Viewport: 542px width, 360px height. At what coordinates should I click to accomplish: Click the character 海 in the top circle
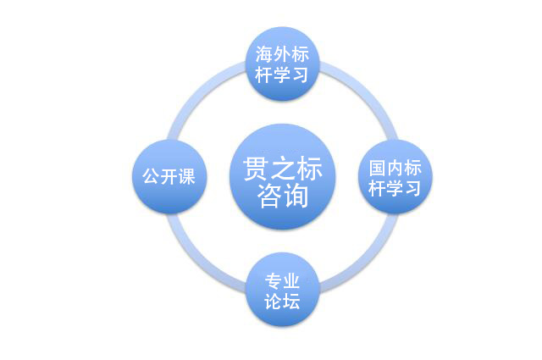click(x=264, y=54)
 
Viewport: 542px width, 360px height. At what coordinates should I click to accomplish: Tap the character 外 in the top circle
click(x=282, y=54)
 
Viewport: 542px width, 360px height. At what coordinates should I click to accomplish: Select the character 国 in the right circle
click(x=378, y=168)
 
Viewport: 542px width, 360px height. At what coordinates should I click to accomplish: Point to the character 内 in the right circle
click(x=395, y=168)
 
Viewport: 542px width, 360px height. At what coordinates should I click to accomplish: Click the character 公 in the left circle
click(x=152, y=176)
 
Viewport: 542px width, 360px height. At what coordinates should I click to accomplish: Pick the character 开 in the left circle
click(x=169, y=176)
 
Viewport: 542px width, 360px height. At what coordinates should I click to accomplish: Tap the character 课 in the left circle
click(x=187, y=176)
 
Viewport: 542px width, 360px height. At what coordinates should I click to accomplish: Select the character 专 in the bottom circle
click(x=274, y=281)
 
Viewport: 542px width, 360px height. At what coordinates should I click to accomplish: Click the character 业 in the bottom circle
click(x=291, y=281)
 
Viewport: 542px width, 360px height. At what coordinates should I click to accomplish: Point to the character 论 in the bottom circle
click(x=274, y=302)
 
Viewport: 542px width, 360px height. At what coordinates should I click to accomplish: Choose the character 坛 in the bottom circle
click(x=291, y=302)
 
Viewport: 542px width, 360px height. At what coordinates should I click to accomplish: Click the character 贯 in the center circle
click(x=256, y=169)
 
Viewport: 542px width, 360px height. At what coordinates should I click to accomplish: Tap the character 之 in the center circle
click(x=283, y=169)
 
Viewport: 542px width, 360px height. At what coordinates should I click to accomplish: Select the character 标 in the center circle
click(x=309, y=169)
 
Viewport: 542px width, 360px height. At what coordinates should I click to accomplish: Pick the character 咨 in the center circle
click(x=269, y=196)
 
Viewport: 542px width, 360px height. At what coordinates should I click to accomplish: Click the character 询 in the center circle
click(x=296, y=196)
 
